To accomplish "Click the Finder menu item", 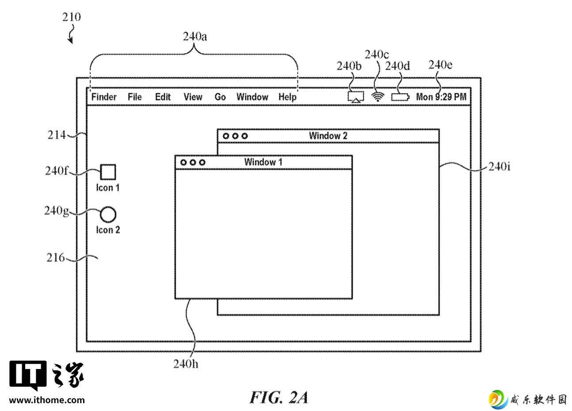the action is point(104,97).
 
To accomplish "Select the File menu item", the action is point(134,97).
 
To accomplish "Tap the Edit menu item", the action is point(163,97).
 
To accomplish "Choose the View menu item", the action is point(193,97).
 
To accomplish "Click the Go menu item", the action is point(220,97).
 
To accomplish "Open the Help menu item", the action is point(287,97).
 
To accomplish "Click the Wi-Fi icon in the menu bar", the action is point(378,96).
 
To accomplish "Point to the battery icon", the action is point(400,97).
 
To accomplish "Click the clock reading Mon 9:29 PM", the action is point(441,97).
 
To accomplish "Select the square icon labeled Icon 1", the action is point(108,172).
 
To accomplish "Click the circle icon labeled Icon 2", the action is point(108,214).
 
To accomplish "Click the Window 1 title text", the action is point(263,162).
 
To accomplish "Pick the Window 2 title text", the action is point(328,136).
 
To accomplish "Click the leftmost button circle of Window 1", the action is point(183,162).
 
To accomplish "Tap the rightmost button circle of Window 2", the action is point(244,136).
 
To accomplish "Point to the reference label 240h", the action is point(186,364).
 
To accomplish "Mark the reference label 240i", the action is point(499,167).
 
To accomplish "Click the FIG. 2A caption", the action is point(278,397).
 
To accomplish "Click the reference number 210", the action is point(72,17).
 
